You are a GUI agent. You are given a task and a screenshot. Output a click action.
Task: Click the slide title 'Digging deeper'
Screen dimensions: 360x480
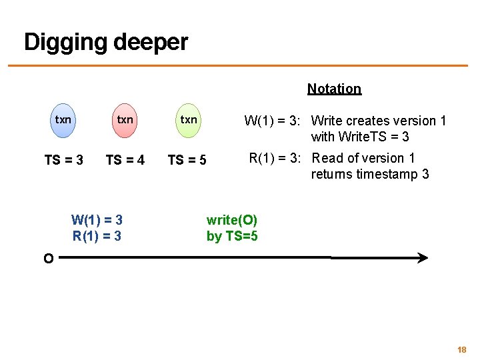pos(106,43)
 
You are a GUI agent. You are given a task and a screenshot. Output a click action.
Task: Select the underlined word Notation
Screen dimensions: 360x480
pos(334,89)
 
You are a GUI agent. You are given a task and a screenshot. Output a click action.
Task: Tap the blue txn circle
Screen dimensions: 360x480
pos(63,120)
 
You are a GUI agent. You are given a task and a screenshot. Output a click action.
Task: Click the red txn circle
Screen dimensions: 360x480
pos(125,120)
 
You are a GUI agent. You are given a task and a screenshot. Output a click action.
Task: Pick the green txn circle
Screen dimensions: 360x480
pos(189,120)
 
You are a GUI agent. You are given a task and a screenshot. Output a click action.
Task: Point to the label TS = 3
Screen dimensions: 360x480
pos(63,160)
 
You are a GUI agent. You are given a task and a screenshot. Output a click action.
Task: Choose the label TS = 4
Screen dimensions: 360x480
pos(125,160)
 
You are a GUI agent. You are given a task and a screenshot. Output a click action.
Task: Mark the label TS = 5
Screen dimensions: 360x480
pos(187,160)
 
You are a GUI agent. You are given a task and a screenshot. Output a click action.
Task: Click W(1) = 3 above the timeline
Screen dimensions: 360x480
pos(97,220)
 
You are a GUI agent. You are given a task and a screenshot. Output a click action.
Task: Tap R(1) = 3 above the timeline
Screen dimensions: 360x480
pos(97,235)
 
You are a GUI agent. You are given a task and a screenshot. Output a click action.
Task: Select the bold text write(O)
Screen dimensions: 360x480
pos(232,220)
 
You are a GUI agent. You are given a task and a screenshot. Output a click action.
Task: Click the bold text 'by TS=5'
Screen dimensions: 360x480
pos(232,236)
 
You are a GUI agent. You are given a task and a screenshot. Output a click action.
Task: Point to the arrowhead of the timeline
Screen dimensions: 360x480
pos(422,258)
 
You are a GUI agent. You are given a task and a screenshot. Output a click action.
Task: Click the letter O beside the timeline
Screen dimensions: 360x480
pos(48,259)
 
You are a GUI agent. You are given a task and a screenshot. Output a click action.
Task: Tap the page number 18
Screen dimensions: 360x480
pos(461,349)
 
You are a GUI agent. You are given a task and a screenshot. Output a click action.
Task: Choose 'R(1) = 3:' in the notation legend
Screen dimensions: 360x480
pos(277,158)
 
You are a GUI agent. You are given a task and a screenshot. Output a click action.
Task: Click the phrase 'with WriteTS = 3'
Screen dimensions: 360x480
pos(360,137)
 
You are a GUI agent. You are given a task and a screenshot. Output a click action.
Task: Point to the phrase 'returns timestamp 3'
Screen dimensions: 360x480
pos(370,175)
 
